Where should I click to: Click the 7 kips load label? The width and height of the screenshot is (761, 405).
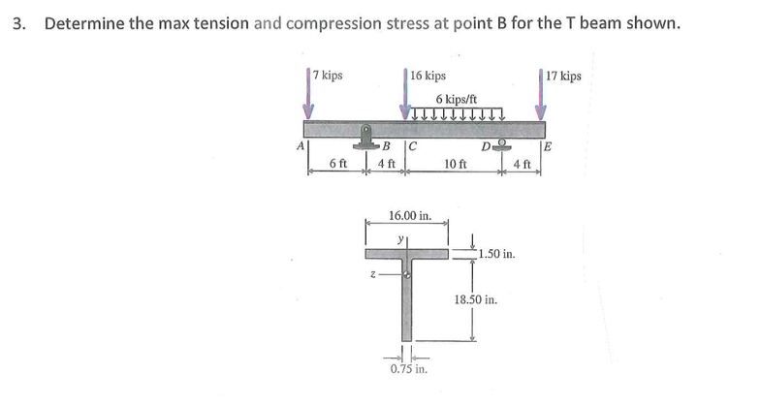tap(327, 75)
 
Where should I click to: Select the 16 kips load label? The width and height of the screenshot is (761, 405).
tap(428, 75)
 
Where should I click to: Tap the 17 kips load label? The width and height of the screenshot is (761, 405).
tap(563, 75)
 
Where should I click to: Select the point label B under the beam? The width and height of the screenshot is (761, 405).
tap(385, 147)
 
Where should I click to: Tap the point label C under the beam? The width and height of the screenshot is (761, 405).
tap(412, 147)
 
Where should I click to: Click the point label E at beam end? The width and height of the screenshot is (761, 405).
tap(549, 147)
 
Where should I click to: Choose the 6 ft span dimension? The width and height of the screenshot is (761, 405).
tap(338, 164)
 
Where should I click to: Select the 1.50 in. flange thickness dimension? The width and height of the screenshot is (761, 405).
tap(495, 256)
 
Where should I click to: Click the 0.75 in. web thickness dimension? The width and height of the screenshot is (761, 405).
tap(404, 369)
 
